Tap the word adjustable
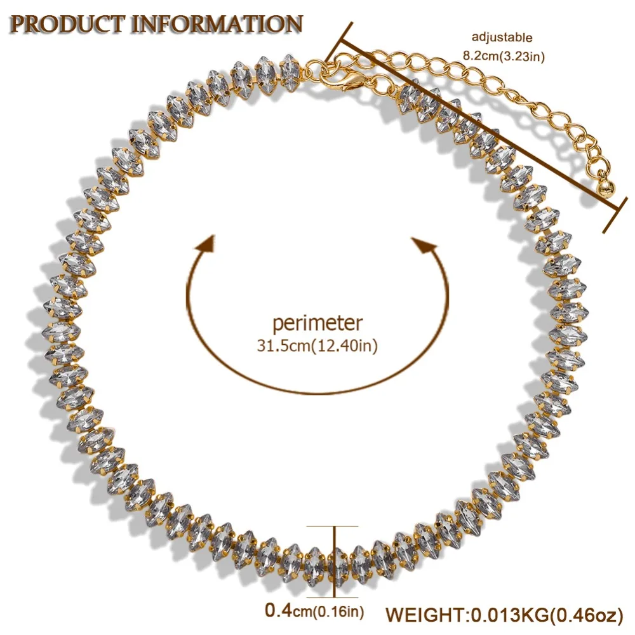pos(502,37)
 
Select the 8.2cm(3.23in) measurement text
pos(504,55)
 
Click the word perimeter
pos(317,324)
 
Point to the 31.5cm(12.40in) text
pos(317,346)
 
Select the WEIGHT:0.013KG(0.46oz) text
pos(504,614)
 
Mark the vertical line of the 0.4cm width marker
pos(335,561)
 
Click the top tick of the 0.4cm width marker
pos(332,526)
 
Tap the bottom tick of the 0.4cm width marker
pos(332,598)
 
